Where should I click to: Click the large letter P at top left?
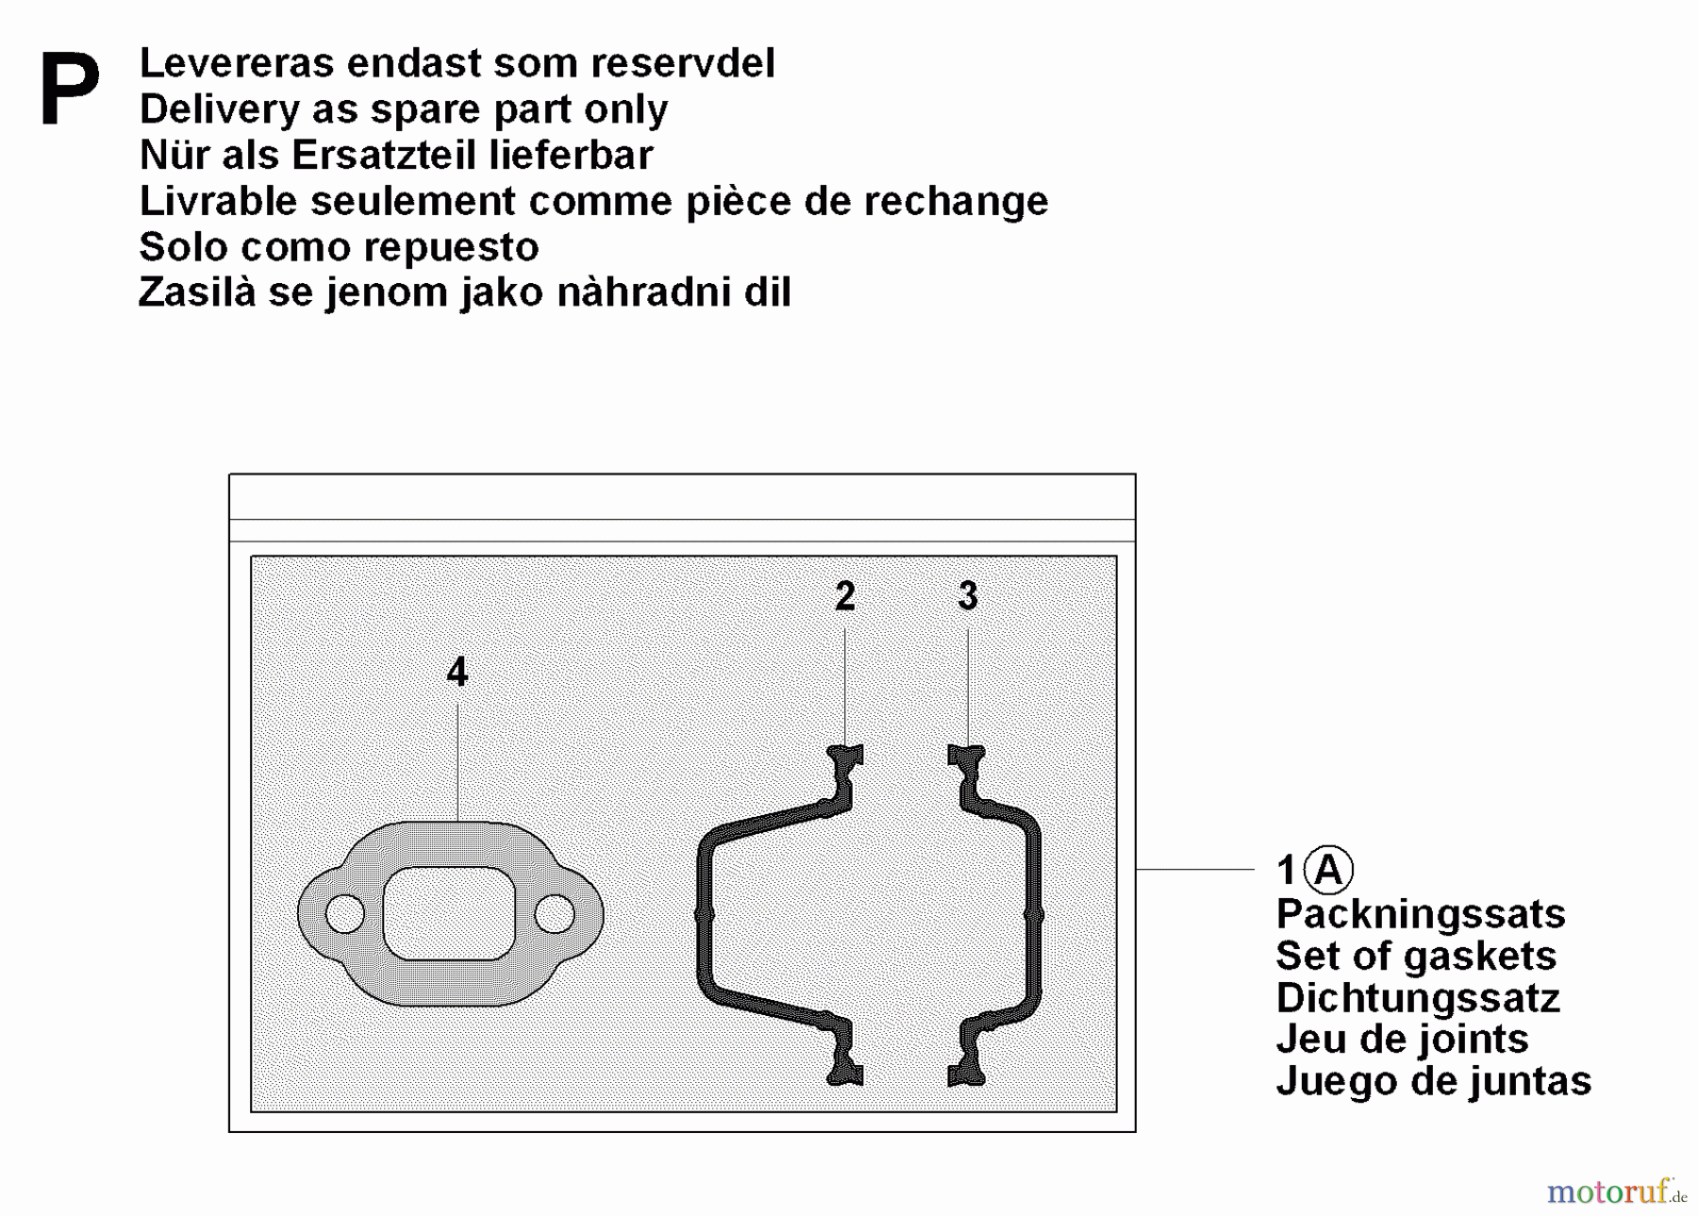tap(69, 90)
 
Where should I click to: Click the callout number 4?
tap(458, 673)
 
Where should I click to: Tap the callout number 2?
tap(845, 596)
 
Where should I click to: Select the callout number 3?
tap(968, 596)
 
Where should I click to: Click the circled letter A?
tap(1328, 870)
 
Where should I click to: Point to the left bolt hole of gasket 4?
tap(344, 913)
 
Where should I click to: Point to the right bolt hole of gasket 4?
tap(554, 913)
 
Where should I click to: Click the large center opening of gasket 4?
tap(449, 913)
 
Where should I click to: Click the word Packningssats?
tap(1420, 914)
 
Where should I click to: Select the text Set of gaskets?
tap(1415, 956)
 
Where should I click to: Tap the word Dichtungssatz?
tap(1417, 998)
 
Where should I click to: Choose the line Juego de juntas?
tap(1432, 1081)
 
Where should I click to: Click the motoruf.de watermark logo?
tap(1615, 1192)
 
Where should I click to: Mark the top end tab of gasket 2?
tap(846, 755)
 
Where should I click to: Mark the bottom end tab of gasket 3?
tap(967, 1074)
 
